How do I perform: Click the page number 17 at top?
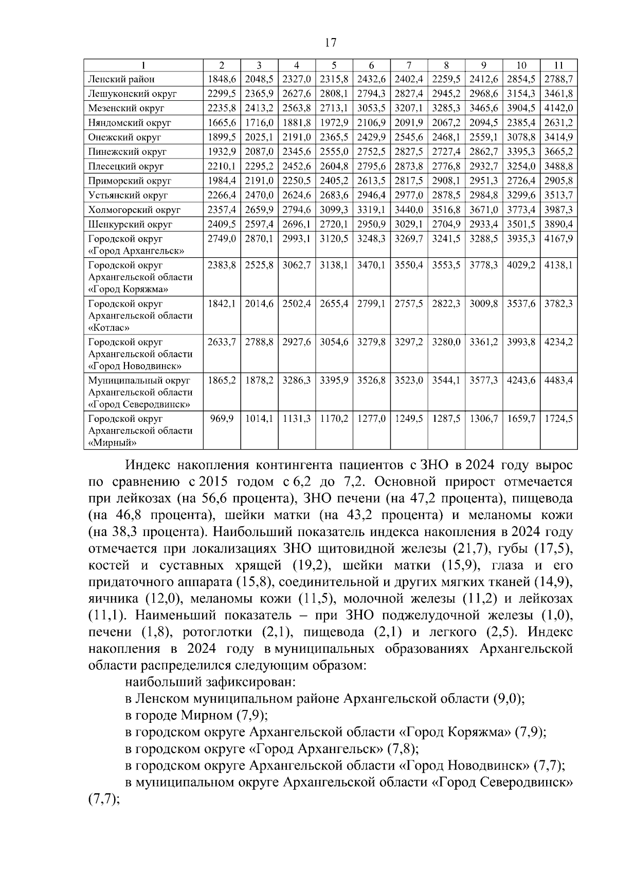point(331,42)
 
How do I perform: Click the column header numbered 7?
point(409,65)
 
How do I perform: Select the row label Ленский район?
point(121,79)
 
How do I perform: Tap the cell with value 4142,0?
point(559,108)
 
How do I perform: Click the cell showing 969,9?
point(222,419)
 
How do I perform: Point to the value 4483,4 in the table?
point(559,381)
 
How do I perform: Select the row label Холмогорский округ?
point(134,210)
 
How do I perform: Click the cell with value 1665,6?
point(222,123)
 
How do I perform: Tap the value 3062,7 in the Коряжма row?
point(297,265)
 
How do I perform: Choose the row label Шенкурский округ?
point(130,224)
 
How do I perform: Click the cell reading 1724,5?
point(559,419)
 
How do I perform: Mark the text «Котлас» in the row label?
point(109,327)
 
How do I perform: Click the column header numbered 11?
point(559,65)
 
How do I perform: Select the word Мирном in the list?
point(205,716)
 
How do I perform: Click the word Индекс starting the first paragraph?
point(147,466)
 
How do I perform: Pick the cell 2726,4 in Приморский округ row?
point(521,181)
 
